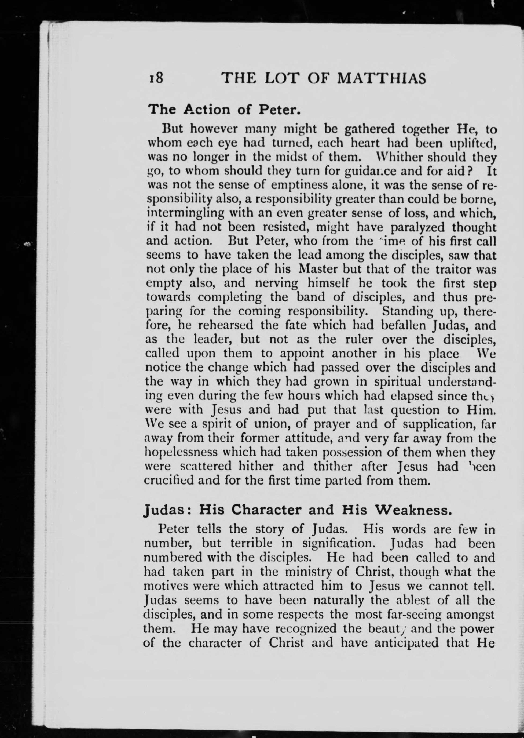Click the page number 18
(x=156, y=78)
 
